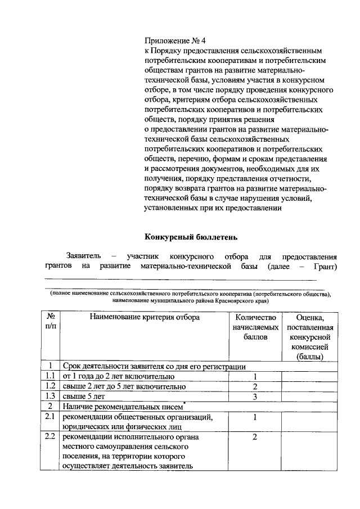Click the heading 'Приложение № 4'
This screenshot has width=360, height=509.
tap(175, 40)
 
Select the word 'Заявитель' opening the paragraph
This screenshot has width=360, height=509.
tap(83, 255)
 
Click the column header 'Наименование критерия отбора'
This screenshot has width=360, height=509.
tap(144, 318)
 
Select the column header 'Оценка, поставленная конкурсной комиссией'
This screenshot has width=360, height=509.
tap(310, 337)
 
